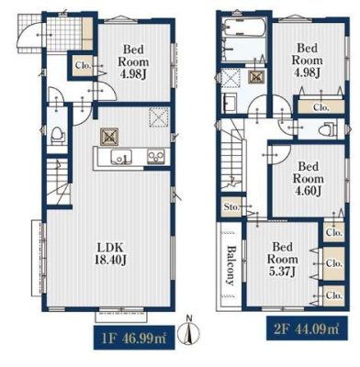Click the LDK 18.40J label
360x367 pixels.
coord(110,253)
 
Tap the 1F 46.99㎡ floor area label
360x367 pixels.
coord(134,339)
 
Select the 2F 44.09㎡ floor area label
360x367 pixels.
coord(307,328)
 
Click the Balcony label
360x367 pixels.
coord(231,265)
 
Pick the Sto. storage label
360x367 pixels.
coord(231,207)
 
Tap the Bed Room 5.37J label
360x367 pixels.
coord(282,259)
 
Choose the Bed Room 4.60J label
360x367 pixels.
coord(309,179)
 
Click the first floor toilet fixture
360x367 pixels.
coord(57,135)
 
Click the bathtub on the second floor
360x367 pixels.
coord(244,28)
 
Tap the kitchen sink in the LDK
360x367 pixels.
coord(122,157)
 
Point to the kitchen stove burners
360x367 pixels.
coord(156,157)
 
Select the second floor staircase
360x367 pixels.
coord(231,156)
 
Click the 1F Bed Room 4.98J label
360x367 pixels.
coord(133,62)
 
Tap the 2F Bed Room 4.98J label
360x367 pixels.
coord(307,61)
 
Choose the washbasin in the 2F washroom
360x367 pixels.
coord(230,103)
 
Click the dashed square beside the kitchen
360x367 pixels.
coord(159,117)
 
